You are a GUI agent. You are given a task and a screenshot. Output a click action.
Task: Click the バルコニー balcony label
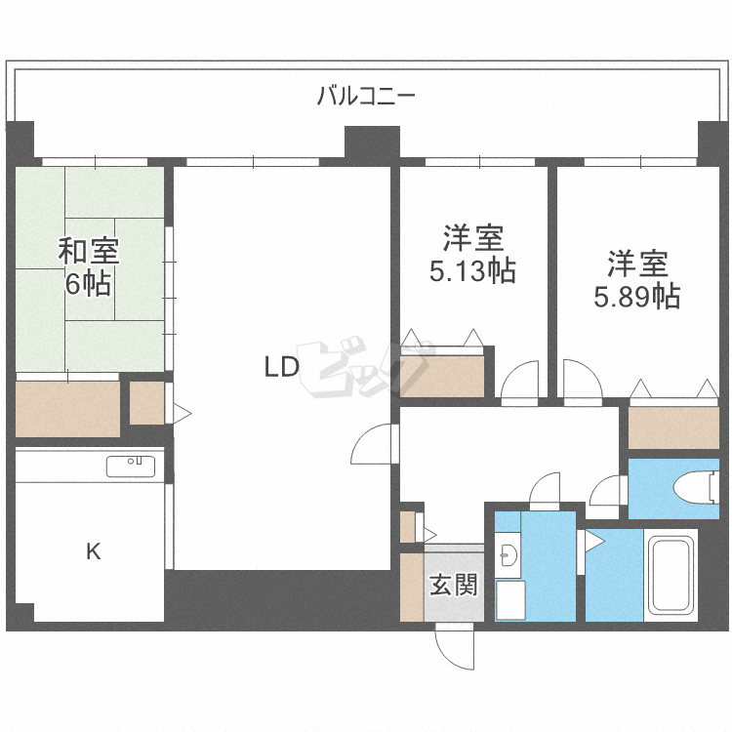point(366,96)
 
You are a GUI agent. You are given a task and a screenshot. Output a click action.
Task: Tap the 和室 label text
point(89,251)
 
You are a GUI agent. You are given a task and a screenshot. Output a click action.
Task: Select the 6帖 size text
point(88,283)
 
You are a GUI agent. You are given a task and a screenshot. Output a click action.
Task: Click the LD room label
point(281,366)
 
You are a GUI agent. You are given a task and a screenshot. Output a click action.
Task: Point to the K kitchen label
point(94,551)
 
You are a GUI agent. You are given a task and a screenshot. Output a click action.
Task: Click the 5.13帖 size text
point(472,270)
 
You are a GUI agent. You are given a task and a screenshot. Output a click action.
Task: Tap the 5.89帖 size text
point(636,296)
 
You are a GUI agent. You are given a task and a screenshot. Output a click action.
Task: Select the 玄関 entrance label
point(454,585)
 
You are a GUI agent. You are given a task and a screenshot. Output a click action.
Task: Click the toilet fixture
point(696,487)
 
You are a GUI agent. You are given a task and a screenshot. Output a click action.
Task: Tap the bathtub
point(671,575)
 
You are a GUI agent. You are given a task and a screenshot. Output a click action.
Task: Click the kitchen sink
point(131,467)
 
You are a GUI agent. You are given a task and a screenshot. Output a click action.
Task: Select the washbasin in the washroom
point(508,555)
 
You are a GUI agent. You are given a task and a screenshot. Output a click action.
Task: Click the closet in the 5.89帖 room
point(673,427)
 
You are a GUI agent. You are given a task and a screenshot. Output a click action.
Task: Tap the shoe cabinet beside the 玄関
point(412,588)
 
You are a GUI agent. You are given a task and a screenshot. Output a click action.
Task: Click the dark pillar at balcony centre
point(372,142)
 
